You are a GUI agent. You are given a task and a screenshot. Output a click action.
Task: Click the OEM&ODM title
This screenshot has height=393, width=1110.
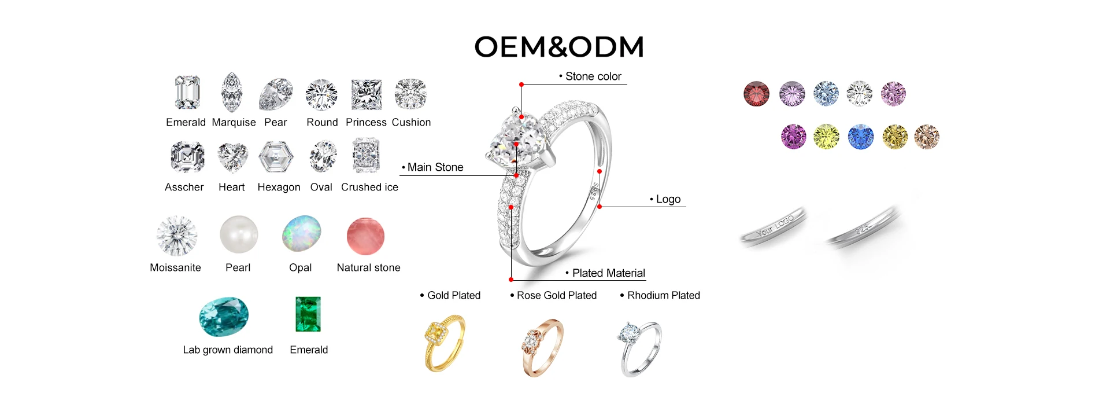pos(558,47)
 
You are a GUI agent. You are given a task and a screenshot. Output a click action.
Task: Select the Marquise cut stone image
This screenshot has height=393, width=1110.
pos(232,92)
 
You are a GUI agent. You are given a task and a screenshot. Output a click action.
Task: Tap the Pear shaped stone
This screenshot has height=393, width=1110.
pos(276,94)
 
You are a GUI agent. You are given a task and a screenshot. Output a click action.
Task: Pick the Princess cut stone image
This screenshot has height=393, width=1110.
pos(367,94)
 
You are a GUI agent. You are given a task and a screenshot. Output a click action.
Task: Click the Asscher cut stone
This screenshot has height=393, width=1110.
pos(187,157)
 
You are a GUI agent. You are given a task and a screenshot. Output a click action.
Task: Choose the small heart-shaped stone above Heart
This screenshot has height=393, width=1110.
pos(232,157)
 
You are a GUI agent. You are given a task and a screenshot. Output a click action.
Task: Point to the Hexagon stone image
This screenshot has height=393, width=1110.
pos(276,157)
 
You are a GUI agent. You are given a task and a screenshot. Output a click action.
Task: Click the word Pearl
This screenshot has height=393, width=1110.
pos(238,267)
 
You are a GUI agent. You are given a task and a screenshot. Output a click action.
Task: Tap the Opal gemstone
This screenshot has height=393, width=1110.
pos(301,233)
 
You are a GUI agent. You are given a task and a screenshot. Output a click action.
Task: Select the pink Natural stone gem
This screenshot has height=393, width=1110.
pos(365,236)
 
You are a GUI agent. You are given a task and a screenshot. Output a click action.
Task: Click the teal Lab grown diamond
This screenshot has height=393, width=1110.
pos(224,317)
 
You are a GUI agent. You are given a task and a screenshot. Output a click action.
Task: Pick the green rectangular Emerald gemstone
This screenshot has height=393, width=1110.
pos(308,314)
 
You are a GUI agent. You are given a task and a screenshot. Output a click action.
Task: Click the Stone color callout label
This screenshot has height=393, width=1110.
pos(593,76)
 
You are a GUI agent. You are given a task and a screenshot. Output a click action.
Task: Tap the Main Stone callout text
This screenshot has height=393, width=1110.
pos(435,167)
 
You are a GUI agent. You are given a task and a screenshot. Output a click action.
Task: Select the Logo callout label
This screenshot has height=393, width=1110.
pos(668,199)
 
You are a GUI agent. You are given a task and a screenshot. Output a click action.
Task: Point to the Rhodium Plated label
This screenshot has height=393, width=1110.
pos(663,295)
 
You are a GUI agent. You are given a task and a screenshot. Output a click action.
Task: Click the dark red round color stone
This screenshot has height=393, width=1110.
pos(756,94)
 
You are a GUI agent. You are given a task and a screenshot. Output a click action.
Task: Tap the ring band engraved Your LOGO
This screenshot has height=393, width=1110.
pos(774,227)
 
